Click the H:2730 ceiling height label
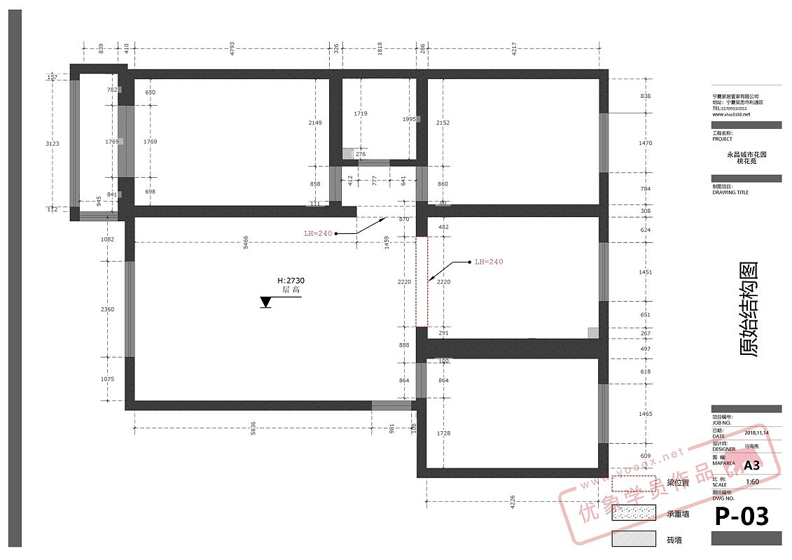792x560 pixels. pos(291,281)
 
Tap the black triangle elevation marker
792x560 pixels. pos(266,302)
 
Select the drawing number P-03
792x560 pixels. pos(741,517)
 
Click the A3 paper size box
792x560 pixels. pos(751,465)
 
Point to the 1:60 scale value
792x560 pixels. pos(752,482)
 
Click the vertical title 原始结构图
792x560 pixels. pos(749,310)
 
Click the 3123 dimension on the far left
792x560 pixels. pos(52,143)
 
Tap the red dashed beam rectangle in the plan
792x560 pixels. pos(422,281)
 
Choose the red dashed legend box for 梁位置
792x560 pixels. pos(634,483)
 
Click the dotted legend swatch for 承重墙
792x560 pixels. pos(634,513)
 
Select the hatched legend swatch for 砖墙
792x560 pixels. pos(634,539)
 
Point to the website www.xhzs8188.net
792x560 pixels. pos(731,114)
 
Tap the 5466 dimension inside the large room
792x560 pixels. pos(246,242)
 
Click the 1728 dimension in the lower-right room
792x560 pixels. pos(443,434)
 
